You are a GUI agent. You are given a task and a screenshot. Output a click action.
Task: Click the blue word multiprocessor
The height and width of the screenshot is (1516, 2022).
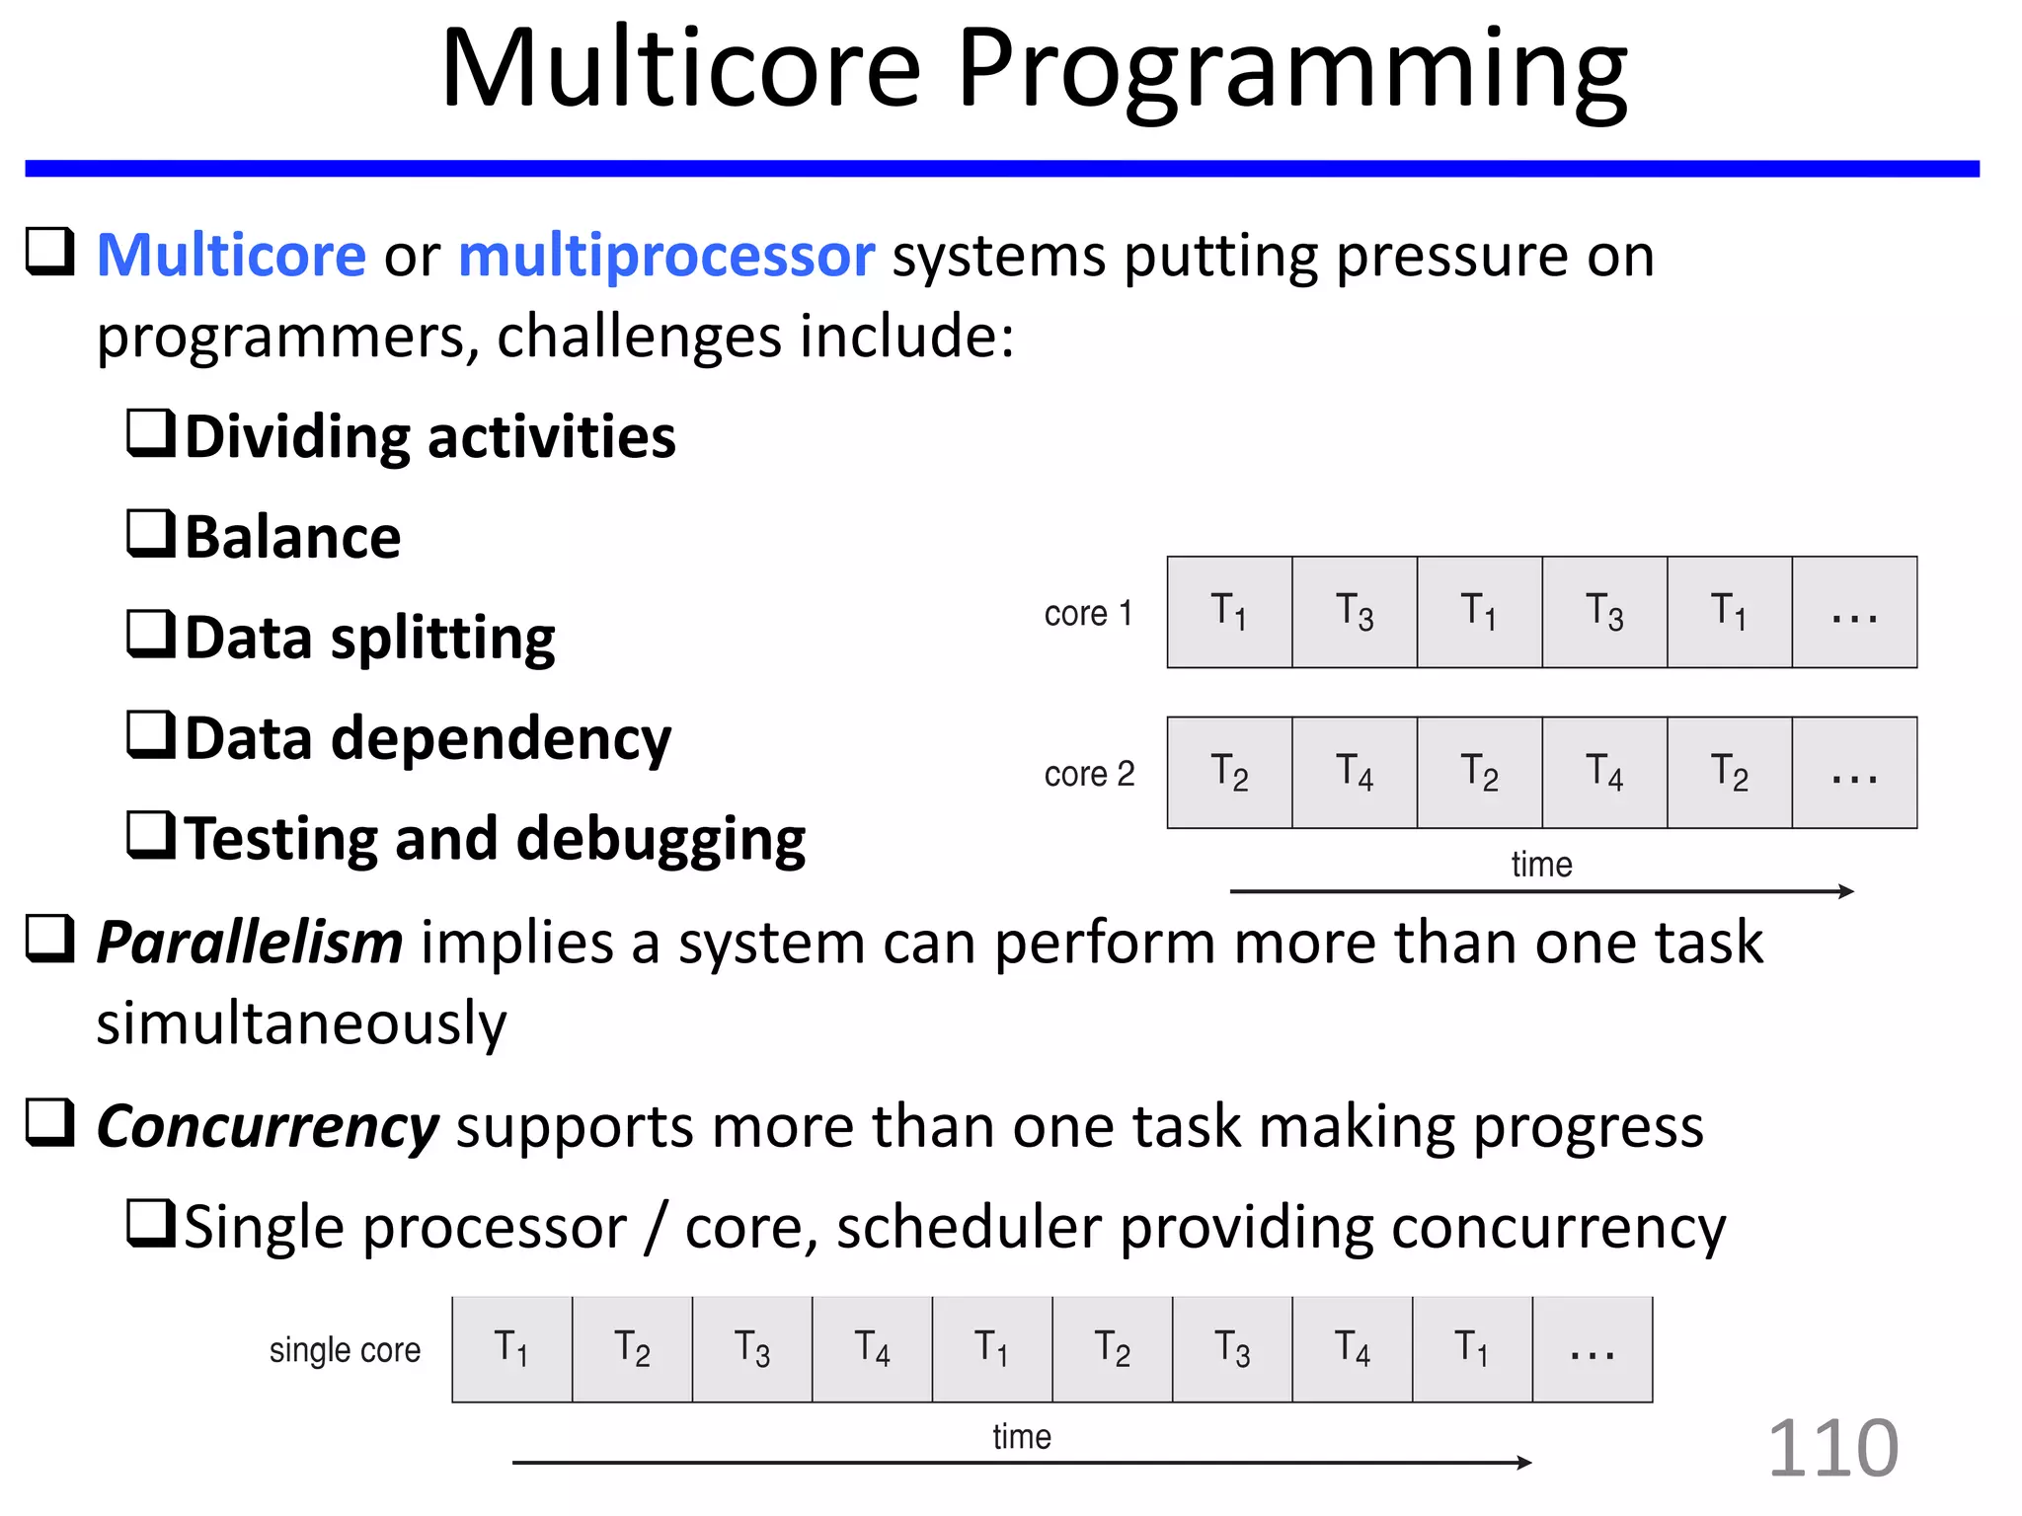click(x=666, y=256)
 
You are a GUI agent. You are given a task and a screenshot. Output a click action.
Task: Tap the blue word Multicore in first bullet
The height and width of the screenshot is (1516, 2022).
click(x=232, y=256)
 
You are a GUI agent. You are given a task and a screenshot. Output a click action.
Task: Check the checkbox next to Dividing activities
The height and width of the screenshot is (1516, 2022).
click(x=151, y=433)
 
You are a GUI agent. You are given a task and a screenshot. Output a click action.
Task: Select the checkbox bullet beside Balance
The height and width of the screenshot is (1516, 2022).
click(x=151, y=534)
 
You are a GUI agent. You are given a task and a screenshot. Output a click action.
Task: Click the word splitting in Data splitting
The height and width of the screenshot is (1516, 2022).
click(x=443, y=639)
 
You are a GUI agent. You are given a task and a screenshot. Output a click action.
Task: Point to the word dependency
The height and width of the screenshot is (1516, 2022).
click(x=502, y=739)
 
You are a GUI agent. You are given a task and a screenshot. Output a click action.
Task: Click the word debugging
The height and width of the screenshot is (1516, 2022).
click(x=661, y=840)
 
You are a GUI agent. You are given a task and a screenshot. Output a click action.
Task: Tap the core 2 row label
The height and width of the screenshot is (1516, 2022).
click(x=1089, y=774)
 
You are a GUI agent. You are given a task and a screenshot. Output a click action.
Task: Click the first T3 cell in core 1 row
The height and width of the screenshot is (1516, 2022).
click(x=1355, y=612)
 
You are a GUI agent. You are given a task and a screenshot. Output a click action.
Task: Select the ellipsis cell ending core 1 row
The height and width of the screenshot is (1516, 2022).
click(x=1854, y=612)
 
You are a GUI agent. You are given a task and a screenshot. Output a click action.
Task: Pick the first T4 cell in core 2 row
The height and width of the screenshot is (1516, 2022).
click(x=1355, y=773)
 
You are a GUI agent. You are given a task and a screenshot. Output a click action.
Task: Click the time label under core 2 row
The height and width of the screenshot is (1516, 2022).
click(x=1541, y=865)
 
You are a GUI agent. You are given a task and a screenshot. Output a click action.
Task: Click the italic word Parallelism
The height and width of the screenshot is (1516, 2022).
click(x=250, y=943)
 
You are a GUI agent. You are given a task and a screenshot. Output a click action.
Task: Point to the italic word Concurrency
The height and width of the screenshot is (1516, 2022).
click(x=268, y=1126)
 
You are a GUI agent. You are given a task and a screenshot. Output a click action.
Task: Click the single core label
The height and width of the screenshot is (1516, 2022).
click(x=345, y=1350)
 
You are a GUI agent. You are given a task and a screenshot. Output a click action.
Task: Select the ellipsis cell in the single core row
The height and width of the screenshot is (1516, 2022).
click(x=1592, y=1350)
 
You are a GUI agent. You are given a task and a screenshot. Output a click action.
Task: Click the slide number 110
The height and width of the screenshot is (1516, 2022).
click(x=1832, y=1449)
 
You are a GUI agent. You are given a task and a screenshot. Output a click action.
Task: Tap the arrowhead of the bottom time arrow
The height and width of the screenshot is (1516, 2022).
click(x=1525, y=1463)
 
